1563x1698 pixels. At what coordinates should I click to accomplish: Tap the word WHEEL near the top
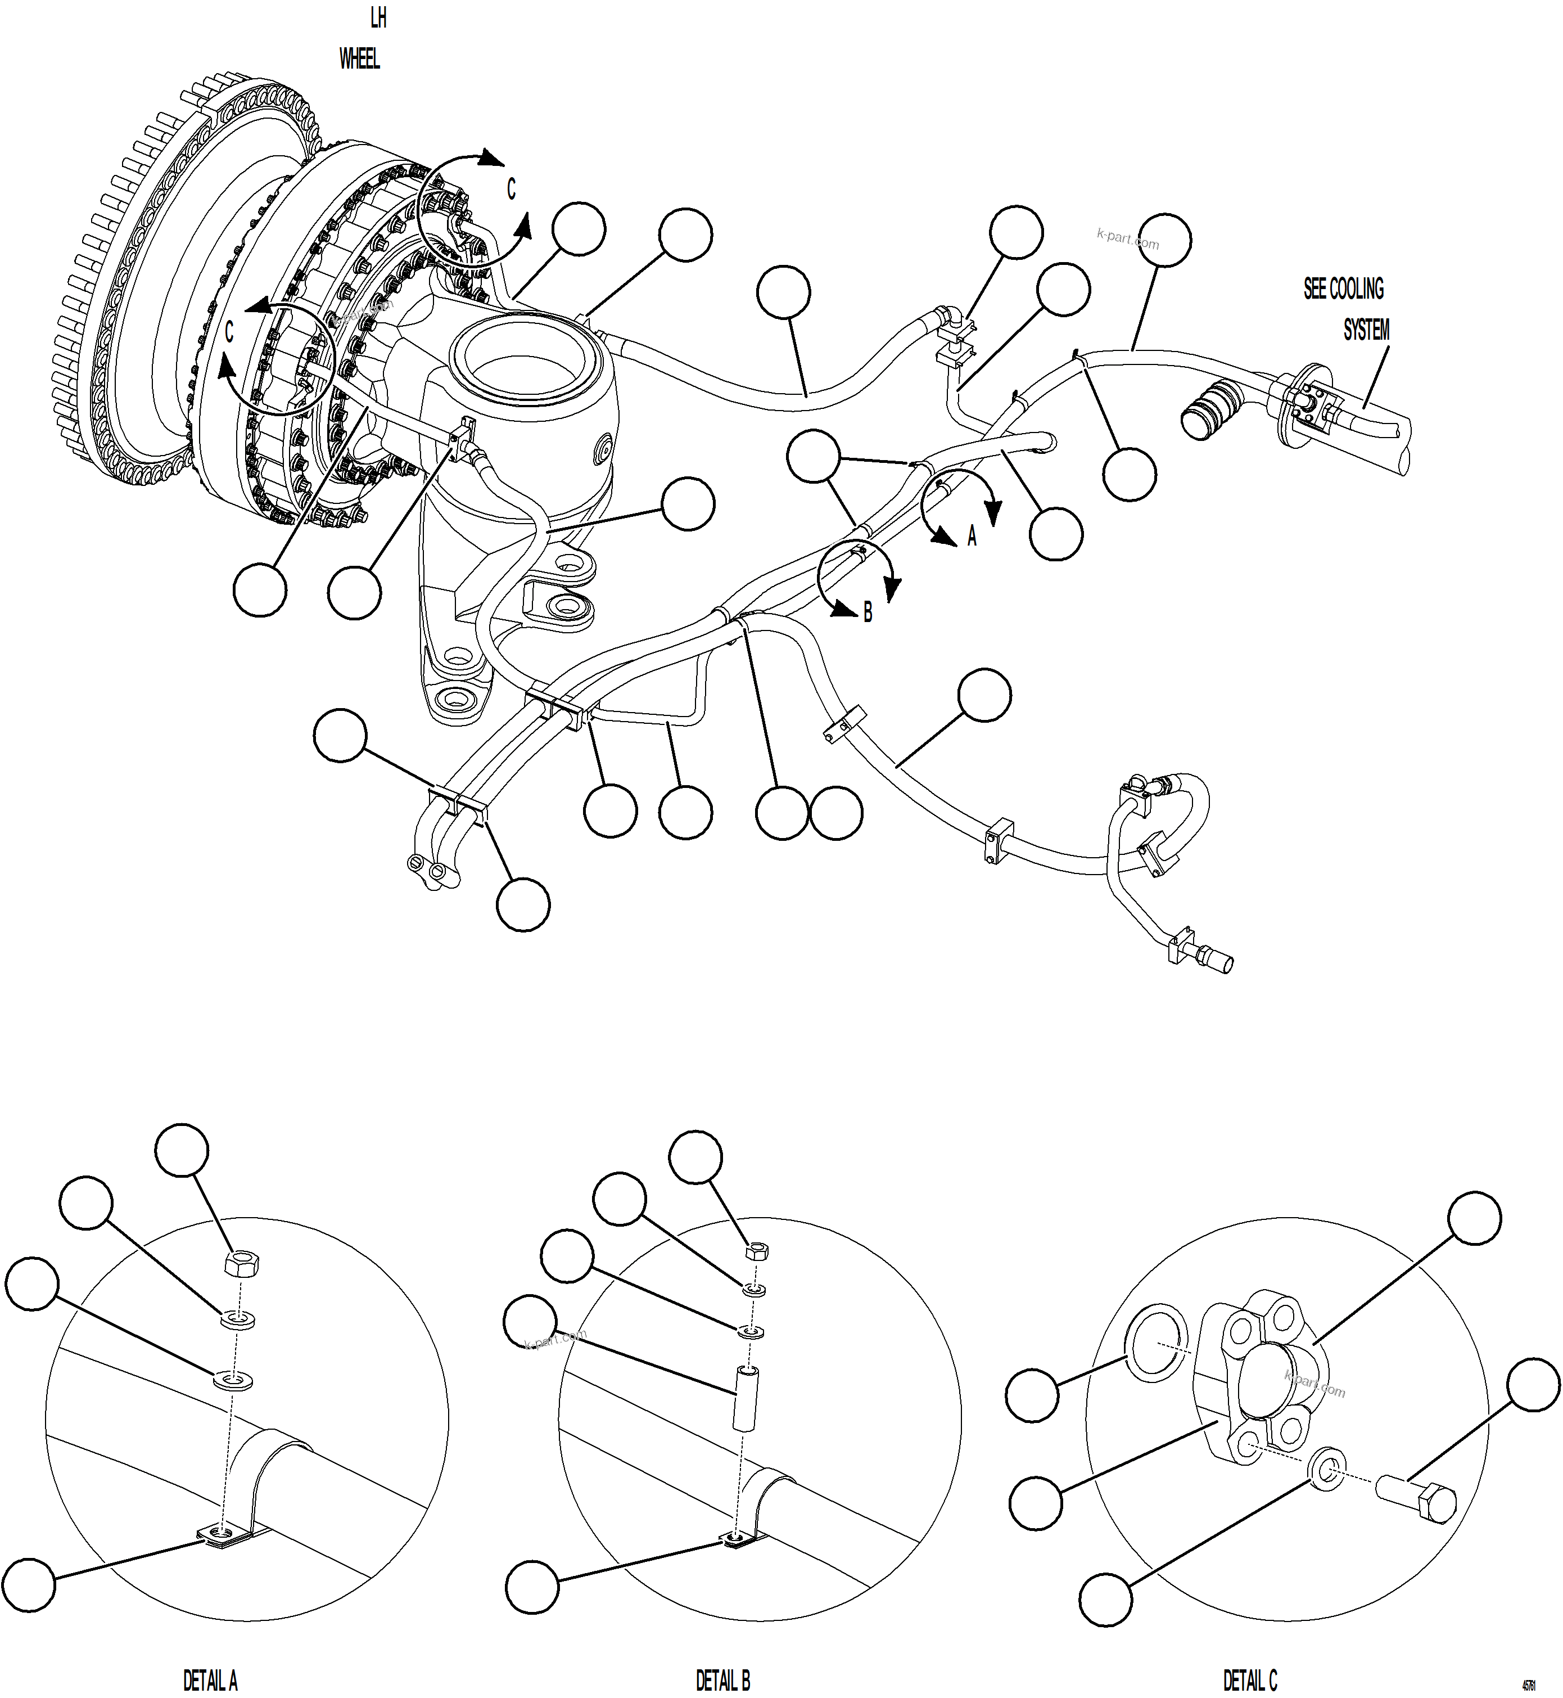[x=359, y=59]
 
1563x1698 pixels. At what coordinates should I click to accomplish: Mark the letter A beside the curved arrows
[x=972, y=537]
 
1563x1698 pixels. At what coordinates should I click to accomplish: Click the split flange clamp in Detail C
[x=1260, y=1379]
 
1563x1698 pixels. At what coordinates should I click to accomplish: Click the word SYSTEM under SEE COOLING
[x=1366, y=330]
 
